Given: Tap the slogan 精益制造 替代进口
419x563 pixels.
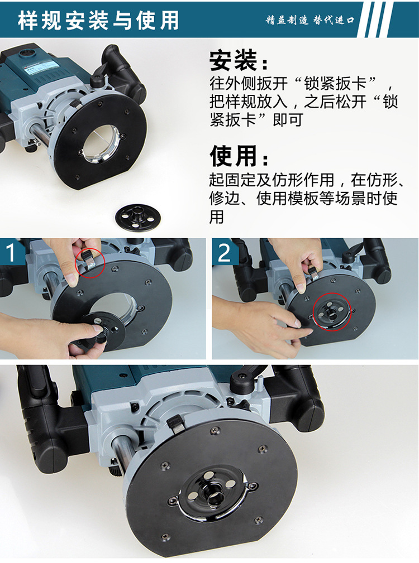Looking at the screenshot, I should coord(310,20).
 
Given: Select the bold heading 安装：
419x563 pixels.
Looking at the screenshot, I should coord(239,60).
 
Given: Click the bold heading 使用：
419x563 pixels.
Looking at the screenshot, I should coord(239,156).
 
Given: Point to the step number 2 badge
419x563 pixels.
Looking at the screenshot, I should coord(225,253).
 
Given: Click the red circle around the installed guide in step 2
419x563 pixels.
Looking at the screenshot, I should coord(331,312).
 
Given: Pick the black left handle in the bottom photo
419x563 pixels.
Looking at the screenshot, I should coord(42,424).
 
